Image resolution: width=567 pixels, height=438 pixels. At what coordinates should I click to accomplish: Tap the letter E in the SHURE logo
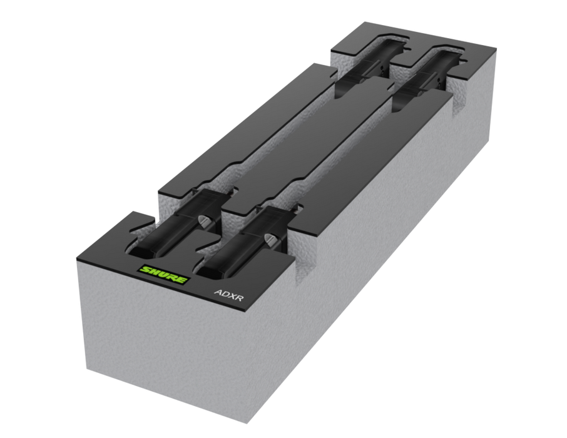coord(180,279)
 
